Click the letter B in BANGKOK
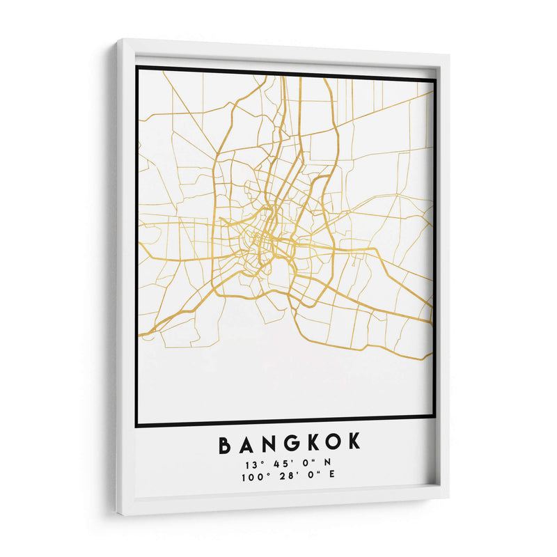(x=225, y=444)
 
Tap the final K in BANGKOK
(x=354, y=444)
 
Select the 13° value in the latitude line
(x=251, y=464)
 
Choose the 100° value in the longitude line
(x=249, y=478)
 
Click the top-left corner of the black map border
(x=137, y=68)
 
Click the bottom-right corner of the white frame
(x=448, y=496)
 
